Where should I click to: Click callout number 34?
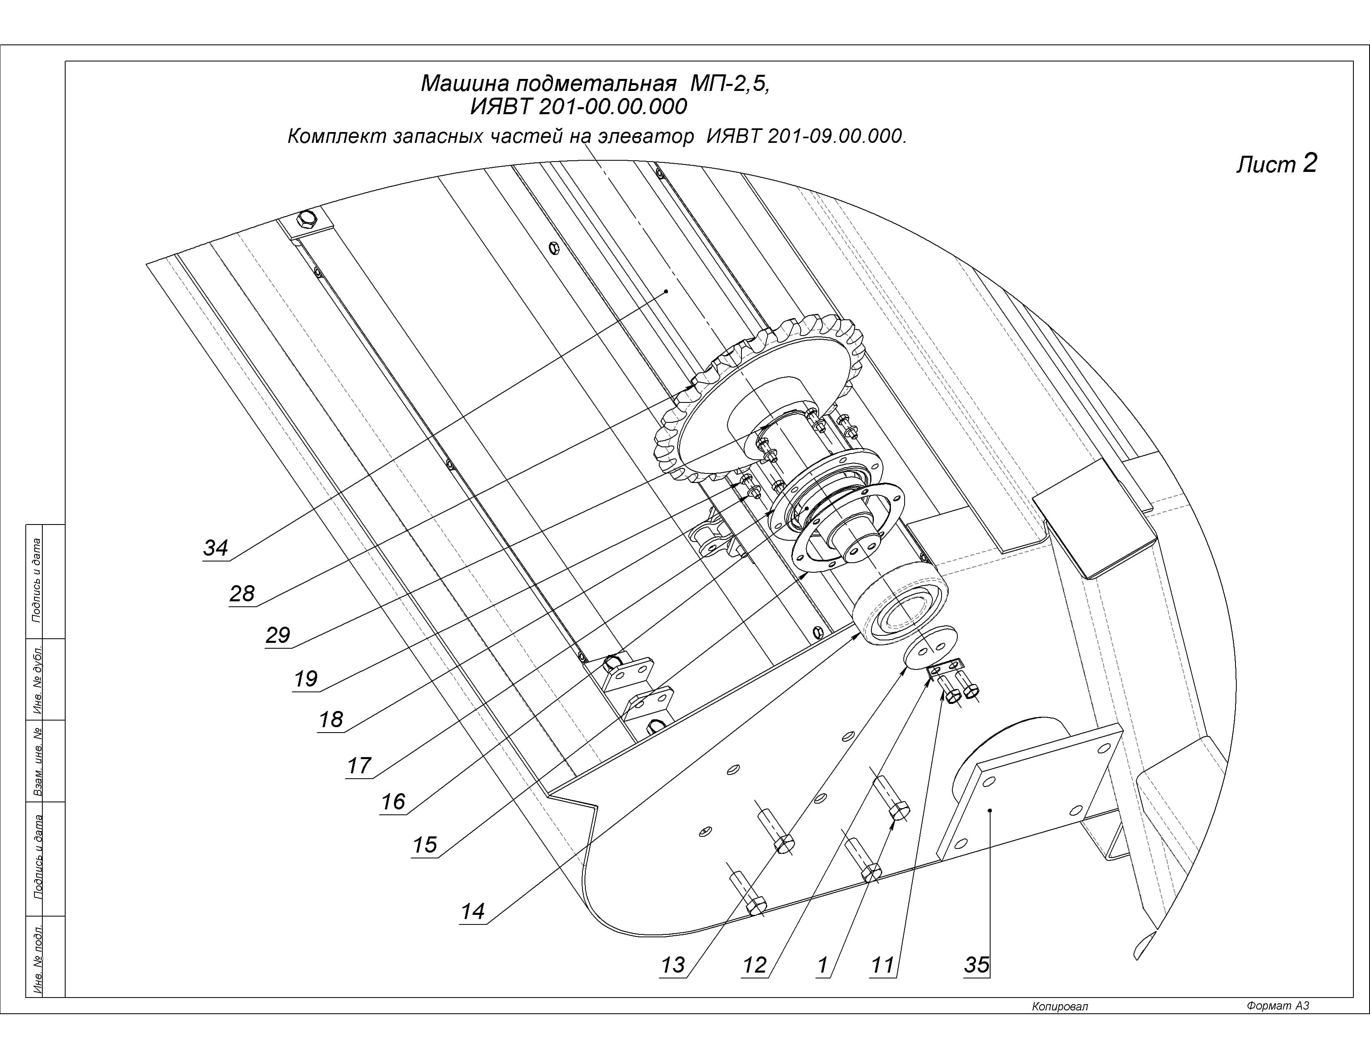pos(215,548)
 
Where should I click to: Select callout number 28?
pos(242,593)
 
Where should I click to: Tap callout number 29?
pos(277,635)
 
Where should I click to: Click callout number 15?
pos(425,845)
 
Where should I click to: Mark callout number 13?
pos(673,965)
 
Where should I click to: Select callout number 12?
pos(755,965)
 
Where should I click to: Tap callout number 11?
pos(882,965)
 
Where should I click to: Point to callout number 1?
pos(823,965)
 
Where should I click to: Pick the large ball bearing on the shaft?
pos(900,605)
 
